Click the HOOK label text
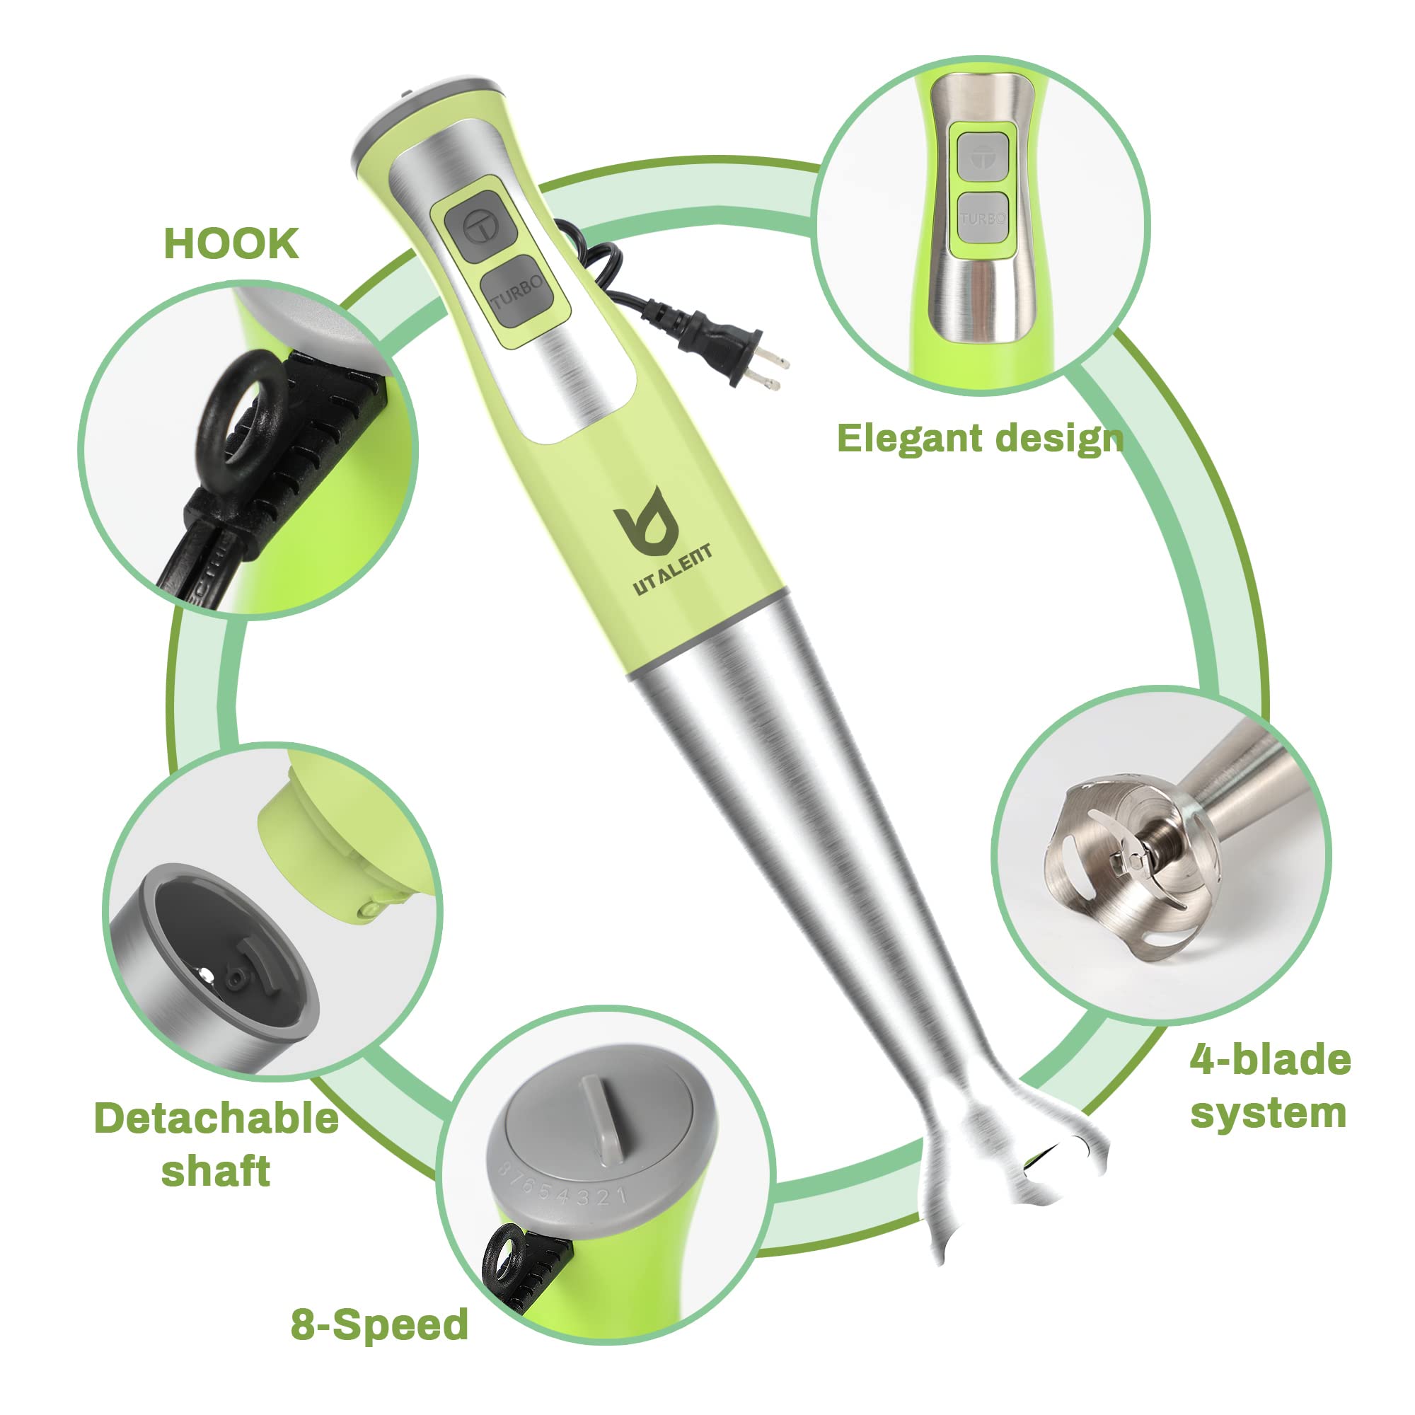pyautogui.click(x=231, y=244)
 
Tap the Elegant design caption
pyautogui.click(x=979, y=439)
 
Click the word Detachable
pyautogui.click(x=216, y=1119)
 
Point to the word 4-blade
pyautogui.click(x=1270, y=1061)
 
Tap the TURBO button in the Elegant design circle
pyautogui.click(x=982, y=218)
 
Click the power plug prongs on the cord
pyautogui.click(x=768, y=369)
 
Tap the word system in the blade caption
pyautogui.click(x=1268, y=1114)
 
